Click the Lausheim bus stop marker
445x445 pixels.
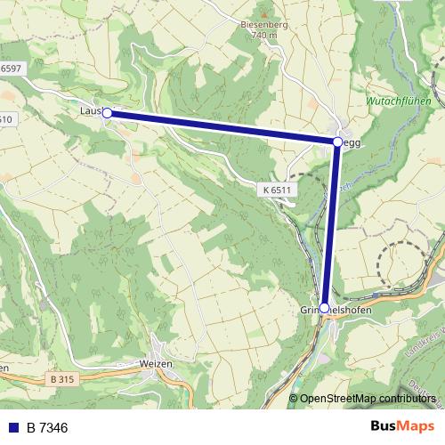coord(107,113)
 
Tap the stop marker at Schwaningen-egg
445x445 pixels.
coord(337,142)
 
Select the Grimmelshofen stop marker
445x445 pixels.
coord(324,307)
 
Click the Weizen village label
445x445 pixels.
coord(156,364)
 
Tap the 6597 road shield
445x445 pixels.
coord(11,68)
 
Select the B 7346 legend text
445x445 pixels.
coord(47,428)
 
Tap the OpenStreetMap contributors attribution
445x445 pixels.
coord(367,399)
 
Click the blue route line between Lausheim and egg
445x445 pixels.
coord(222,127)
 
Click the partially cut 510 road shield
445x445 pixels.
coord(5,119)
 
